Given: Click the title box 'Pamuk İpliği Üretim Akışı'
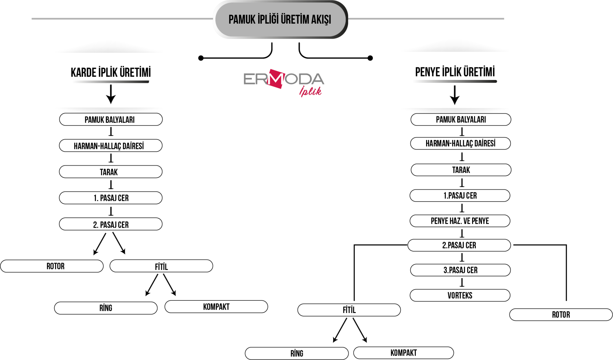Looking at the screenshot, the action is pos(280,19).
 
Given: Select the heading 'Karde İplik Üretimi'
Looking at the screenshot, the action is pos(111,72).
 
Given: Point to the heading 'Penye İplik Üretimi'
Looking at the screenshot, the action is pos(455,72).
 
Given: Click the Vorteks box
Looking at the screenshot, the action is pos(460,295).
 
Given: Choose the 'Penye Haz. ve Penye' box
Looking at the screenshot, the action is pos(460,221).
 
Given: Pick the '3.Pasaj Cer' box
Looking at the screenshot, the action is pos(460,270).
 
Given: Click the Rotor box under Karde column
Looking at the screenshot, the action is pos(52,266).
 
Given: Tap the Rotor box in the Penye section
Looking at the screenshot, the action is pos(561,315).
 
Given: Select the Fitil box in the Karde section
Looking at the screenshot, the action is pos(161,266).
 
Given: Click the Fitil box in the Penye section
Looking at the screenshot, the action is pos(349,310).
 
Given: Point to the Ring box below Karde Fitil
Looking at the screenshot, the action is pos(106,308).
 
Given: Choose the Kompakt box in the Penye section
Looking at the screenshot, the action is pos(404,353).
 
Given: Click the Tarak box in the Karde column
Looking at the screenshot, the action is pos(111,172).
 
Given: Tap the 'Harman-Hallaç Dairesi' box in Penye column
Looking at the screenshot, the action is pos(460,143).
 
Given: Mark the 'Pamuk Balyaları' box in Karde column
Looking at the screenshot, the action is pos(111,119).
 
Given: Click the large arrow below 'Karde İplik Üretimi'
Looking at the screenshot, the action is pos(111,94).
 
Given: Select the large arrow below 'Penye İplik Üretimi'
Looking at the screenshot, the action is pos(455,95).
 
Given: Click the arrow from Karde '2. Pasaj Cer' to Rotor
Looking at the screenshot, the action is pos(100,244).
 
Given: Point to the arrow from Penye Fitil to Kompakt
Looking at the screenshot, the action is pos(360,330).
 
